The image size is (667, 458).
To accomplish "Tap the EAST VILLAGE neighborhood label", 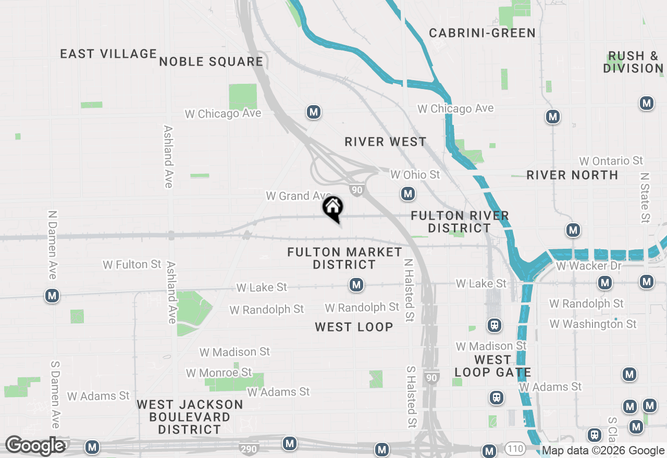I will click(x=108, y=54).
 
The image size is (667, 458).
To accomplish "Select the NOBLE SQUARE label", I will click(x=211, y=61).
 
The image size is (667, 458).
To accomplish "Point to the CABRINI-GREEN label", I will click(x=482, y=33).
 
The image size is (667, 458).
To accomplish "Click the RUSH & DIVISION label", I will click(x=633, y=62).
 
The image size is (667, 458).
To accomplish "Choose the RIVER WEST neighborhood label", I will click(x=386, y=142).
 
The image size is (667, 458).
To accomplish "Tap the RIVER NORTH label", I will click(x=572, y=175).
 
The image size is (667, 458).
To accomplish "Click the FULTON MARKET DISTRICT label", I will click(x=344, y=258).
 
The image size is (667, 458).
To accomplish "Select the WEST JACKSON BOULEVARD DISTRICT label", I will click(x=190, y=417).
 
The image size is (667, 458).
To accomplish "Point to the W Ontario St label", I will click(x=611, y=161).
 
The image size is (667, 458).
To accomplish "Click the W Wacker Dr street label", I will click(x=589, y=266).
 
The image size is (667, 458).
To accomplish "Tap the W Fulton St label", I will click(x=132, y=264).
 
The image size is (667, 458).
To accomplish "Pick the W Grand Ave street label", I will click(x=295, y=196).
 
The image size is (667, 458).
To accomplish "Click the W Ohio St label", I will click(x=415, y=174).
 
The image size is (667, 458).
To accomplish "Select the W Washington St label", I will click(x=592, y=324).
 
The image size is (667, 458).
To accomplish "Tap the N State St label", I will click(x=646, y=198).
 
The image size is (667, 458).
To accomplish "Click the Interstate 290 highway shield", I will click(x=248, y=448).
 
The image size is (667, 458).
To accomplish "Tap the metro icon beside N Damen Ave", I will click(x=52, y=296).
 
